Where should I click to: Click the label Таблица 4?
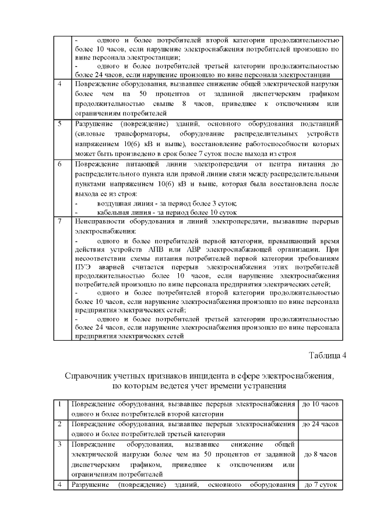coord(327,356)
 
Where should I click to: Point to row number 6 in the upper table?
coord(60,165)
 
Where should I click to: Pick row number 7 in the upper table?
coord(60,221)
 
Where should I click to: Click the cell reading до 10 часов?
coord(321,404)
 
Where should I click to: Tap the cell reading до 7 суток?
coord(321,484)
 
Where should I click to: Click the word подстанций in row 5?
coord(318,123)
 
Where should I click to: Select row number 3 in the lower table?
coord(60,444)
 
